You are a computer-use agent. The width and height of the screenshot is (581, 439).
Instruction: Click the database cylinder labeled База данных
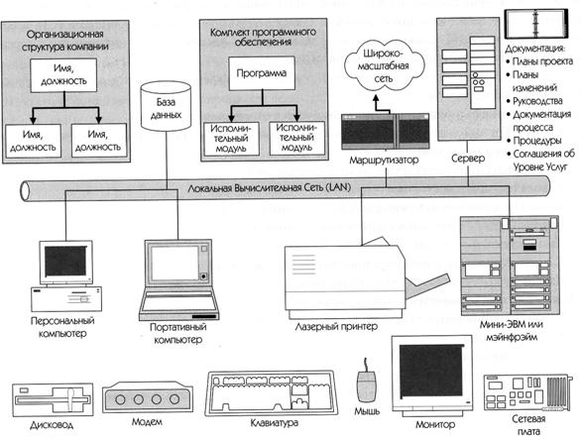pos(166,107)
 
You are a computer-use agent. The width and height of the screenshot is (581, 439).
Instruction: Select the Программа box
pos(262,73)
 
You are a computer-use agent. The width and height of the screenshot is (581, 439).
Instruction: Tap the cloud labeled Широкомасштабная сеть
pos(385,66)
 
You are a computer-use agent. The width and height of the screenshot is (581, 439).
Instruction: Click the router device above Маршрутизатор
pos(385,132)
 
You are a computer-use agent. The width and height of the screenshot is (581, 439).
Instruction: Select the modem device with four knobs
pos(148,398)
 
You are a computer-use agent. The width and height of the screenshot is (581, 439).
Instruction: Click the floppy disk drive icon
pos(53,400)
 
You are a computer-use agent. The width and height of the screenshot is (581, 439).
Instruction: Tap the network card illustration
pos(528,392)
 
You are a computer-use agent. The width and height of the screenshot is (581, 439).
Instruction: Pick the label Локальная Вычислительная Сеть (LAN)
pos(269,188)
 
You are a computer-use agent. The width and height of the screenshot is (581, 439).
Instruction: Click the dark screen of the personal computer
pos(65,261)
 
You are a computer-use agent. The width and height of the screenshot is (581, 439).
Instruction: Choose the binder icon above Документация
pos(535,24)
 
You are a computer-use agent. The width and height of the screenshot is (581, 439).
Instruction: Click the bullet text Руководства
pos(537,101)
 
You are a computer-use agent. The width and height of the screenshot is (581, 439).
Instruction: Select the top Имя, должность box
pos(63,75)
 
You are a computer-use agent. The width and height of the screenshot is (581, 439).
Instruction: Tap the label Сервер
pos(468,159)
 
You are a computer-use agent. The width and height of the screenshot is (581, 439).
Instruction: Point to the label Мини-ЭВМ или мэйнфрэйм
pos(512,331)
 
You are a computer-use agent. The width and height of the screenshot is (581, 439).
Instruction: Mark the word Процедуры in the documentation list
pos(537,141)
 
